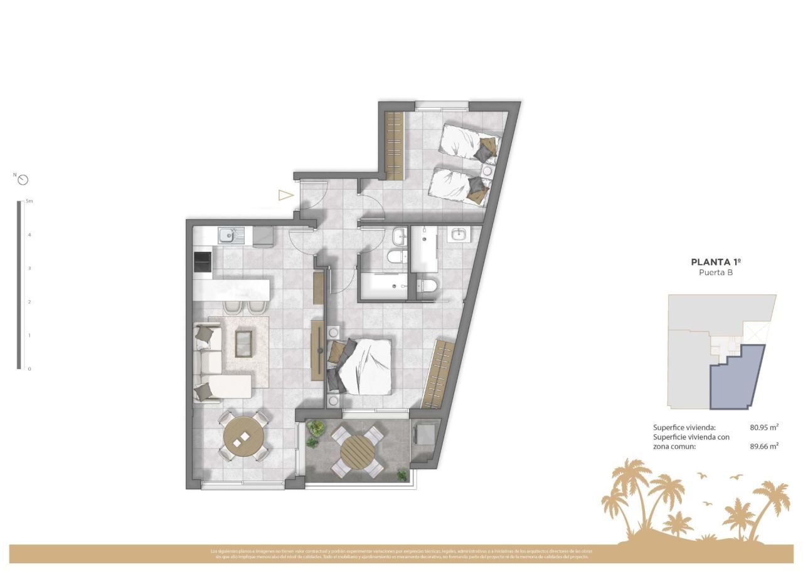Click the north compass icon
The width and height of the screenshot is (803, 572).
[x=23, y=180]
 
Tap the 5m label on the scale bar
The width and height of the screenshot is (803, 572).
[x=29, y=202]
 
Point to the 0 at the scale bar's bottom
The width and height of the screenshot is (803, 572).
[x=29, y=369]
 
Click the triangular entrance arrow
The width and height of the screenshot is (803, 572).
[x=285, y=195]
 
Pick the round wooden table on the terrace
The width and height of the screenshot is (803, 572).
[x=357, y=449]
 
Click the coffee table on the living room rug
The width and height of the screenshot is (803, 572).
[x=243, y=343]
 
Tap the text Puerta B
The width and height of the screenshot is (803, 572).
[x=715, y=273]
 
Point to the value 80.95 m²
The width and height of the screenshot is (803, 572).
[x=764, y=427]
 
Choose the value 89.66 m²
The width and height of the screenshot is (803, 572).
[x=764, y=446]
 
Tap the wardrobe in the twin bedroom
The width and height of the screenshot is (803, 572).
[x=394, y=145]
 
